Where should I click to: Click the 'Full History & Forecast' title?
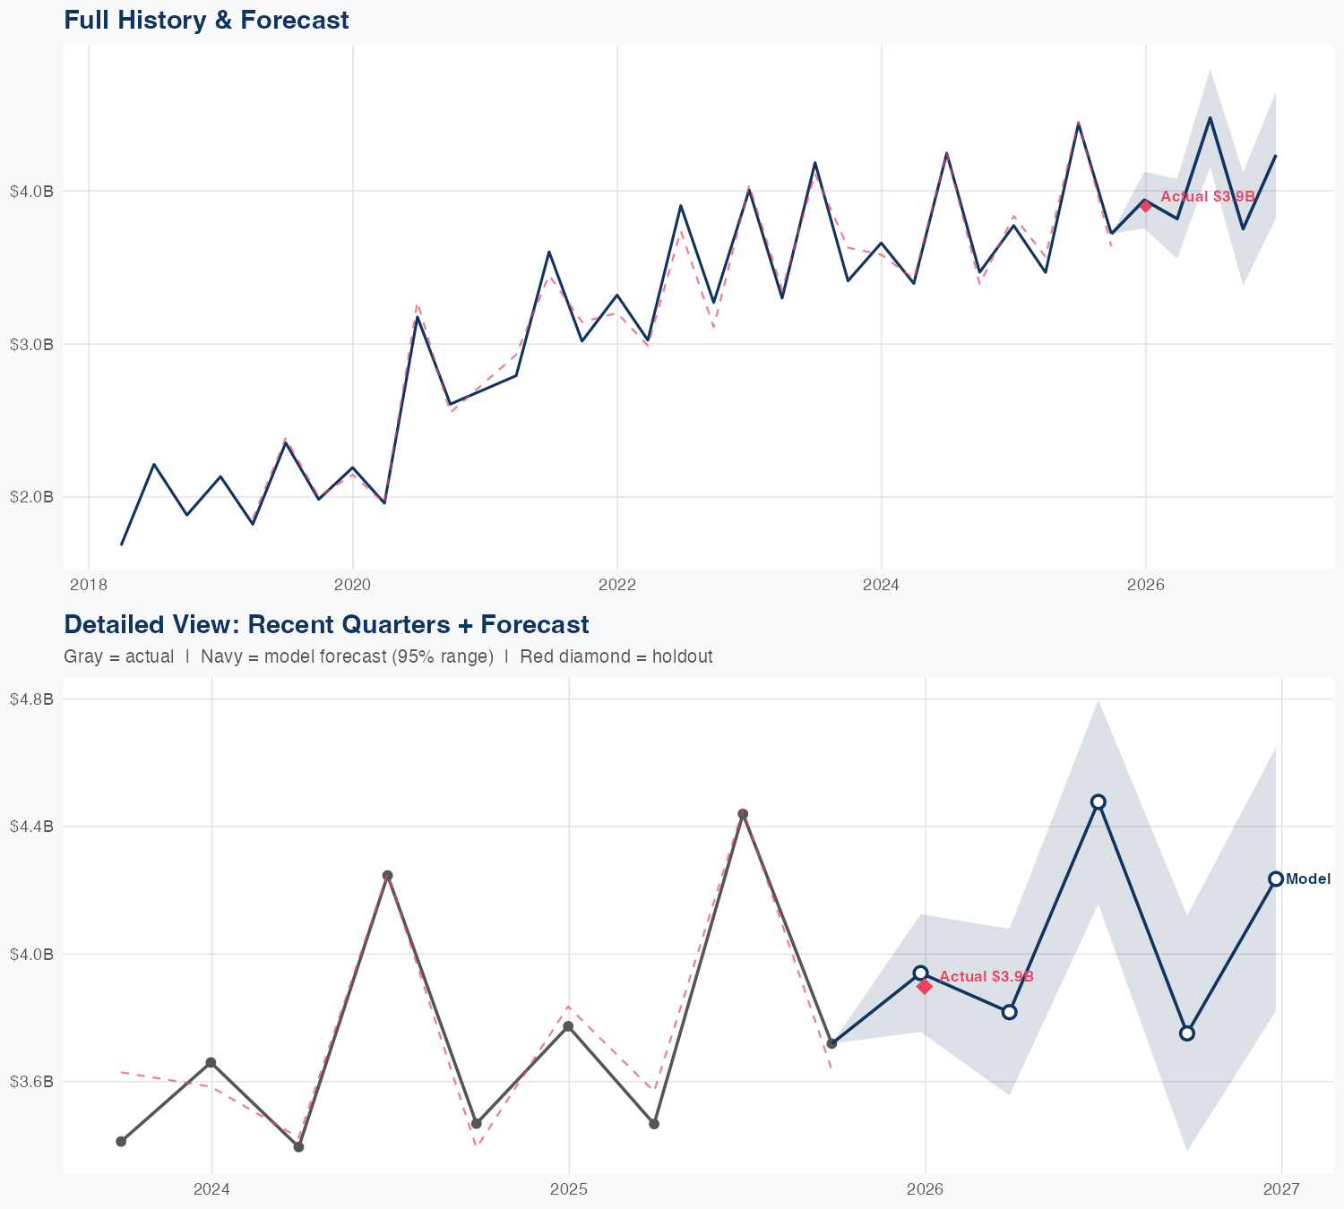[206, 20]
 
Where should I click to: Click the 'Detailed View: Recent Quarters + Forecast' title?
[326, 624]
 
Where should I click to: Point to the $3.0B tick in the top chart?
[31, 344]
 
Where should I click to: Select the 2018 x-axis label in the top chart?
[88, 585]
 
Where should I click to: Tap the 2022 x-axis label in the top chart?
[616, 585]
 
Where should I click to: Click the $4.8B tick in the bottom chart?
[31, 699]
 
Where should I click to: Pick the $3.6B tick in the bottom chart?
[31, 1082]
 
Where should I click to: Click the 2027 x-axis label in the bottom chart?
[1281, 1189]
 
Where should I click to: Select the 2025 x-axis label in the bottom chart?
[568, 1189]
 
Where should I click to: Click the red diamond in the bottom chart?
[925, 986]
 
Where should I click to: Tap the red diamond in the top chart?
[1145, 206]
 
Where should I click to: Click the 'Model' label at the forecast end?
[1308, 879]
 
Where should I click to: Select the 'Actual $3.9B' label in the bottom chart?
[986, 976]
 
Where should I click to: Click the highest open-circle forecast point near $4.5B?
[1098, 802]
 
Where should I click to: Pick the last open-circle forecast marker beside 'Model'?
[1276, 879]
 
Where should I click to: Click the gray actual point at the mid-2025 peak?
[743, 814]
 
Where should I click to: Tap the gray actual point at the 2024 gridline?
[211, 1062]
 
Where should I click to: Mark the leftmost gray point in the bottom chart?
[121, 1141]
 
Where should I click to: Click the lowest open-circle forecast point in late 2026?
[1187, 1033]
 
